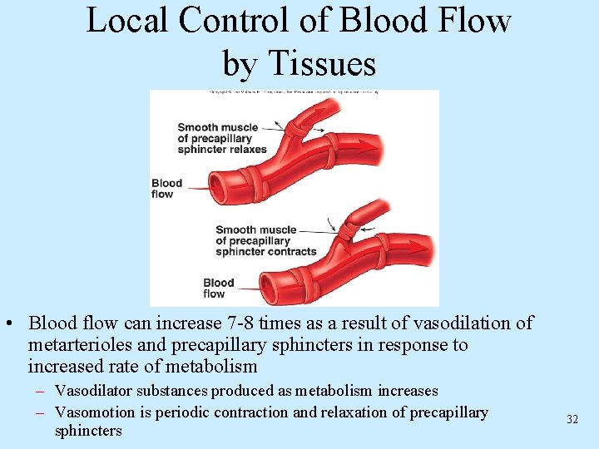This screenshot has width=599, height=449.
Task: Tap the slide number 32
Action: point(572,419)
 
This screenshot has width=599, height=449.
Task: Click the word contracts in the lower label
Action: point(290,251)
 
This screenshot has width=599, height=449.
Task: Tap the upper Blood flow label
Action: point(166,189)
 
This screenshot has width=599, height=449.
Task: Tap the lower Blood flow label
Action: point(218,288)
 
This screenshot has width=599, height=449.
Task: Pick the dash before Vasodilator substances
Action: point(41,391)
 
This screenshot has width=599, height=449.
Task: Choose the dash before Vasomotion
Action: point(41,412)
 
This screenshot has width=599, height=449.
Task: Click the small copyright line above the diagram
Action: point(294,91)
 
